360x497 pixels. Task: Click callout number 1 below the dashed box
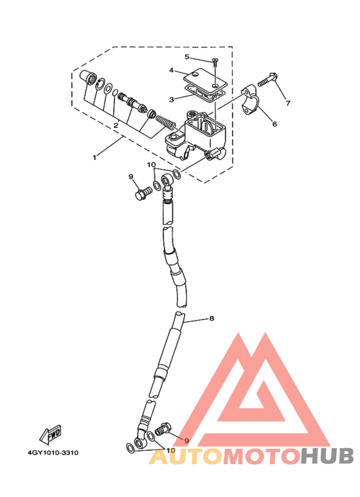[x=94, y=158]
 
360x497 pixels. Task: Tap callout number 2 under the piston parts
[x=116, y=125]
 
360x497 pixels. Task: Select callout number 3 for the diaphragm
[x=172, y=100]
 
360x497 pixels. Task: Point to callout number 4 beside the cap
[x=172, y=70]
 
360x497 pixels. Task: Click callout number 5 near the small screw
[x=187, y=57]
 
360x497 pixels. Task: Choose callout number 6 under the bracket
[x=274, y=124]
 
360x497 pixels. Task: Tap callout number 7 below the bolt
[x=288, y=104]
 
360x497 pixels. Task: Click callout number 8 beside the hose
[x=212, y=318]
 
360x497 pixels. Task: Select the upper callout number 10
[x=151, y=165]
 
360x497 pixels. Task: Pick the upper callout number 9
[x=130, y=177]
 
